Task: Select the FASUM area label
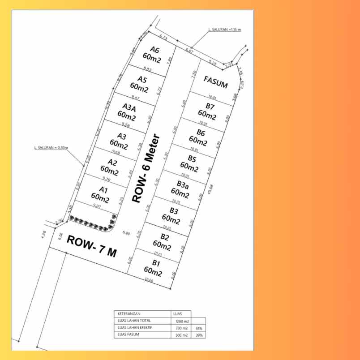click(x=215, y=81)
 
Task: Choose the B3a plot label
click(x=182, y=184)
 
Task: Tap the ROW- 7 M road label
click(x=91, y=246)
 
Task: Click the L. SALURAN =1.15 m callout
click(x=225, y=30)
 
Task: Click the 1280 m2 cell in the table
click(x=180, y=321)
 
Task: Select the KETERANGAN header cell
click(x=127, y=314)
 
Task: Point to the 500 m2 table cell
click(x=180, y=335)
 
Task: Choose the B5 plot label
click(x=192, y=159)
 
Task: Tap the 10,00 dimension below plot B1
click(x=149, y=280)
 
